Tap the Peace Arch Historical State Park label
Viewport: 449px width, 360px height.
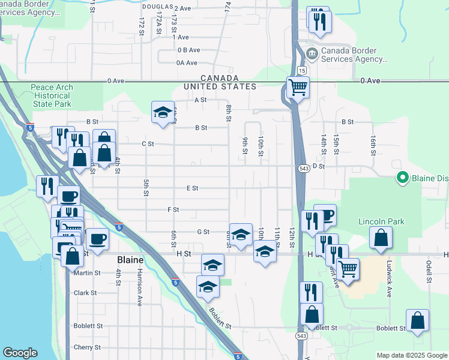[52, 95]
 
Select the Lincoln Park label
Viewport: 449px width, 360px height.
[381, 221]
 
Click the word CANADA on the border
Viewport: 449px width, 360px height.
[220, 78]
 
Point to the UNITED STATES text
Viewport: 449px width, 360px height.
[220, 86]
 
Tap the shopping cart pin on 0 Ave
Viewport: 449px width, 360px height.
[298, 88]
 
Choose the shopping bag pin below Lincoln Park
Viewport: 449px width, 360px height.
[381, 238]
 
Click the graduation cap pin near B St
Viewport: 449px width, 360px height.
[163, 112]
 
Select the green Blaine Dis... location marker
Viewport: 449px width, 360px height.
[402, 178]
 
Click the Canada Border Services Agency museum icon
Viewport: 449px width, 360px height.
[312, 54]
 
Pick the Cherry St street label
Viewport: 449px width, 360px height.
[87, 347]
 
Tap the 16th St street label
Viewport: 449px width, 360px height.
[373, 145]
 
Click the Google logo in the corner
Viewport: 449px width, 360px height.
[20, 353]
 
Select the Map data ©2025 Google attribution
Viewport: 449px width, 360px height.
[411, 355]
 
